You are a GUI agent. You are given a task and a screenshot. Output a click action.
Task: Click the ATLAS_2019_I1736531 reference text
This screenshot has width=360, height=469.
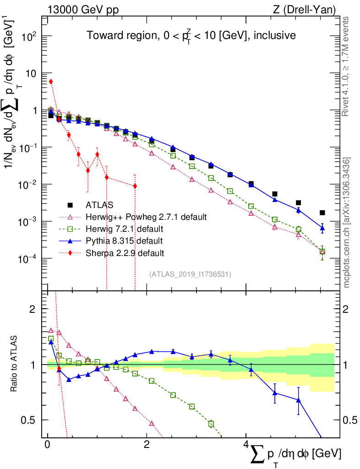[x=190, y=274]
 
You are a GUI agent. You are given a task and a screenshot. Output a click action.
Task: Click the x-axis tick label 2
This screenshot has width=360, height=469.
[x=147, y=446]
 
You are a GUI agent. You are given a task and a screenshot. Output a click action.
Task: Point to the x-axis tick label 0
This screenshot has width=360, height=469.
[x=48, y=446]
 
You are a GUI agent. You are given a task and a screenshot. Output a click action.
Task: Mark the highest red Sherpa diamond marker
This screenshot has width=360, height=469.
[x=51, y=82]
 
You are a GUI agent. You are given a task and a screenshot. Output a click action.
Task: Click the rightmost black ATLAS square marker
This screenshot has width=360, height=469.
[x=322, y=213]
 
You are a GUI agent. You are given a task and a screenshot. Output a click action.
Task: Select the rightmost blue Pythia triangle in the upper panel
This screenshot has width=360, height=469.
[x=322, y=228]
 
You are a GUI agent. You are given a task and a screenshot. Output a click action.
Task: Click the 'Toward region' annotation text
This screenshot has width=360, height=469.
[x=191, y=35]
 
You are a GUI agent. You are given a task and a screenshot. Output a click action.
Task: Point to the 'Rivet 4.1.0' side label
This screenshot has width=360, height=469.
[x=347, y=66]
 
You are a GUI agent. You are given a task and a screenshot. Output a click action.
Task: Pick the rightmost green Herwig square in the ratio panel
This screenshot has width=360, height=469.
[x=211, y=424]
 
